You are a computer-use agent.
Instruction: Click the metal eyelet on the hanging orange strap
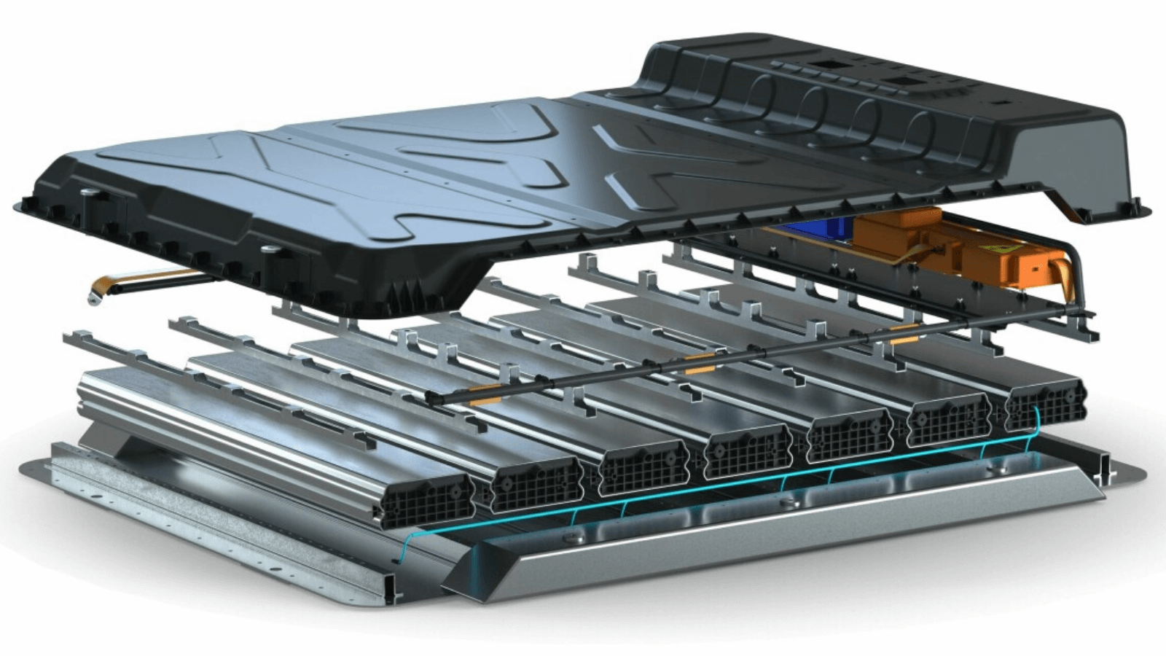[x=92, y=298]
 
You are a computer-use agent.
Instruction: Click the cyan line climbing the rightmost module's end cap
[x=1036, y=423]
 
